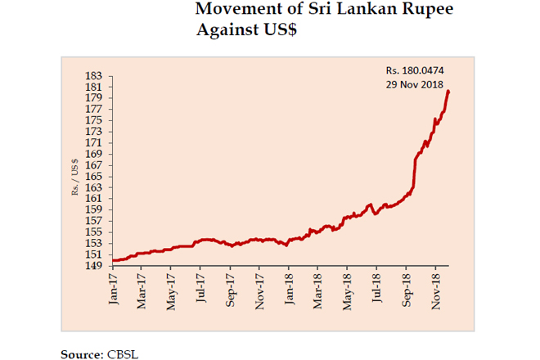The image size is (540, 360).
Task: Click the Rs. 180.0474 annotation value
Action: pyautogui.click(x=415, y=71)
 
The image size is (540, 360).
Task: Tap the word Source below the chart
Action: pyautogui.click(x=81, y=353)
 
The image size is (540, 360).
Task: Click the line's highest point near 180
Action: pyautogui.click(x=448, y=91)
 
